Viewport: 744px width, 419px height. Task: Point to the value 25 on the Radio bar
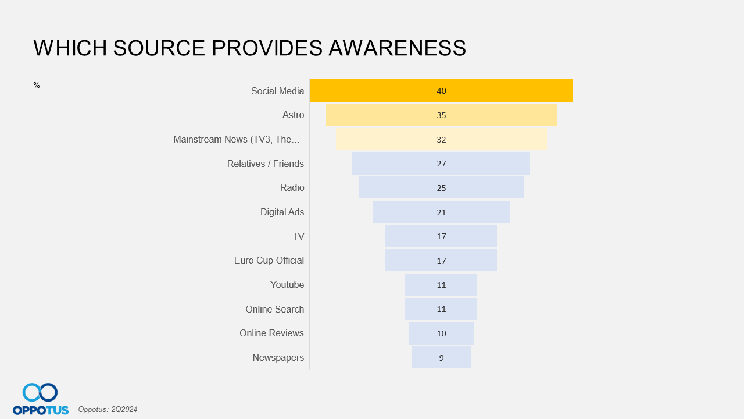(441, 188)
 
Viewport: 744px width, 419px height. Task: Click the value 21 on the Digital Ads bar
(441, 212)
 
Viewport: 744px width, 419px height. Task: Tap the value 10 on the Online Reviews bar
(441, 333)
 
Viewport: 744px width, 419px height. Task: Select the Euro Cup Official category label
(269, 260)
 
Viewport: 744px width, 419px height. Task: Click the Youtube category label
(287, 285)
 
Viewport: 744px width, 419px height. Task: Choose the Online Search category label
(274, 309)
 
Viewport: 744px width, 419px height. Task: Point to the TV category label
(298, 236)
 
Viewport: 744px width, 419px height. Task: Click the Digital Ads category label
(282, 212)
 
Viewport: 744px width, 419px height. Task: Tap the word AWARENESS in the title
(397, 48)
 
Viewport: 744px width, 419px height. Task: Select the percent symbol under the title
(37, 86)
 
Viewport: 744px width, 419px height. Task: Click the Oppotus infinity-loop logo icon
(40, 392)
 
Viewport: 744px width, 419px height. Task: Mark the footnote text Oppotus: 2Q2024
(108, 410)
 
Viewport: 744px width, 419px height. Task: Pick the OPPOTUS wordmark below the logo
(41, 410)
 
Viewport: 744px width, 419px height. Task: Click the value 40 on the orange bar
(441, 91)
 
